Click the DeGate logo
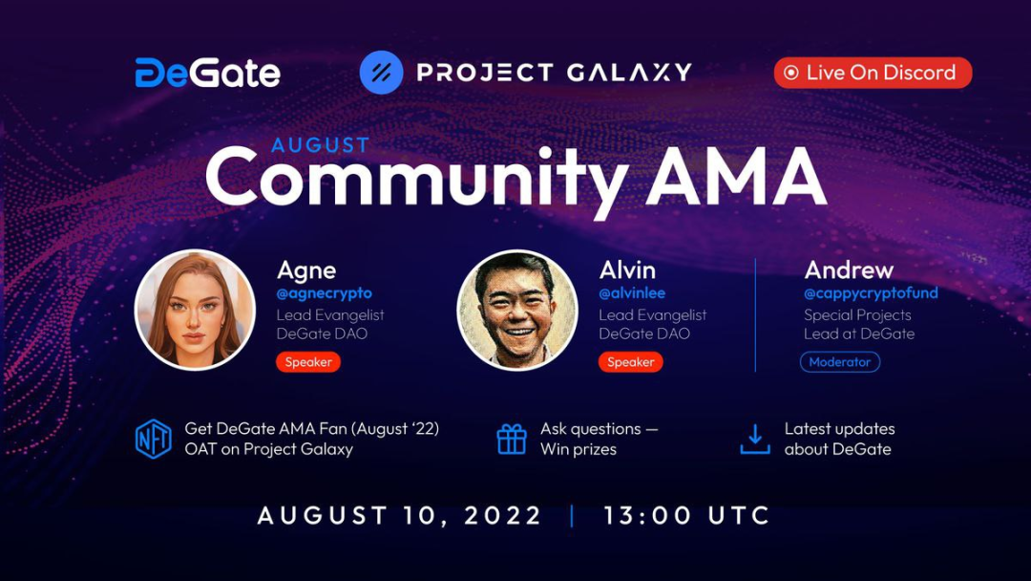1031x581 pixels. [x=208, y=73]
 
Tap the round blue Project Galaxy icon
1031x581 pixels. [x=381, y=73]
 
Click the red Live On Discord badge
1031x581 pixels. [x=873, y=73]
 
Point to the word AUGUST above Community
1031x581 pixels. [x=321, y=144]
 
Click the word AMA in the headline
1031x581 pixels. [x=736, y=176]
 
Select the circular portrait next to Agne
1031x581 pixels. [x=195, y=310]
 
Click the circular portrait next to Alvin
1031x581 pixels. [x=517, y=310]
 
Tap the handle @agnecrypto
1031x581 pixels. [x=325, y=293]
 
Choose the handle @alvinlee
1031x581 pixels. [x=632, y=292]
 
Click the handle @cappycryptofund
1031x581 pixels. [x=872, y=293]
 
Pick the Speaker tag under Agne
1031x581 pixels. [x=308, y=362]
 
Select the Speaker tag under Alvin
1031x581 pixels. [x=631, y=362]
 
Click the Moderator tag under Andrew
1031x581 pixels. [x=840, y=362]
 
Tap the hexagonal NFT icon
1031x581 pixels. [x=153, y=439]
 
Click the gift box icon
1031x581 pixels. [x=512, y=439]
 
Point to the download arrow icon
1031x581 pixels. [x=755, y=439]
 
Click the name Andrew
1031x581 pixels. [x=849, y=269]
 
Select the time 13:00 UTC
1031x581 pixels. [x=687, y=515]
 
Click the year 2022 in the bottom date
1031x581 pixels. [x=503, y=515]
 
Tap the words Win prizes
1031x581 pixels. [x=579, y=449]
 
